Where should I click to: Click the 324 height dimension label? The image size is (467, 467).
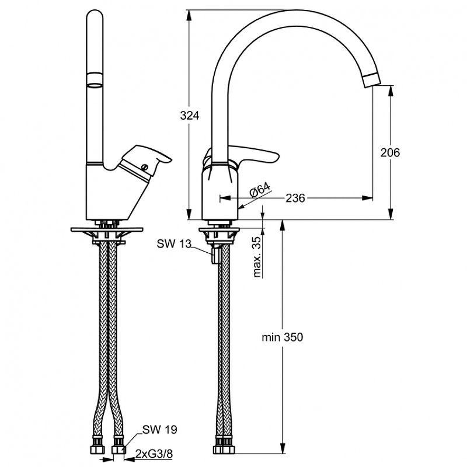189,115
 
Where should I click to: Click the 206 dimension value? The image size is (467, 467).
390,152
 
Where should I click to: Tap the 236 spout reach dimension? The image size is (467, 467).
295,198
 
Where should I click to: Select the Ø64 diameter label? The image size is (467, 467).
260,190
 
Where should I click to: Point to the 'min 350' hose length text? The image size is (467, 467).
283,337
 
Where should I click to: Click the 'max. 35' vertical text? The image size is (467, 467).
256,257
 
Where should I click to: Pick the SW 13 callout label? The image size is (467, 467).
174,244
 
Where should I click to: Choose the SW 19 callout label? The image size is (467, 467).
159,430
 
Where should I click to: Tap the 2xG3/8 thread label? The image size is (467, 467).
154,454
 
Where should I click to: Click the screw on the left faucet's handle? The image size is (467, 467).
145,167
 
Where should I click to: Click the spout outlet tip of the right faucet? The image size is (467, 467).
372,80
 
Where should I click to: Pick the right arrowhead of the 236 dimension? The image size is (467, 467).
367,198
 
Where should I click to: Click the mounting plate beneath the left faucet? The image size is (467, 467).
107,229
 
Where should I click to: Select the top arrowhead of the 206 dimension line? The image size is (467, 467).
391,91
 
